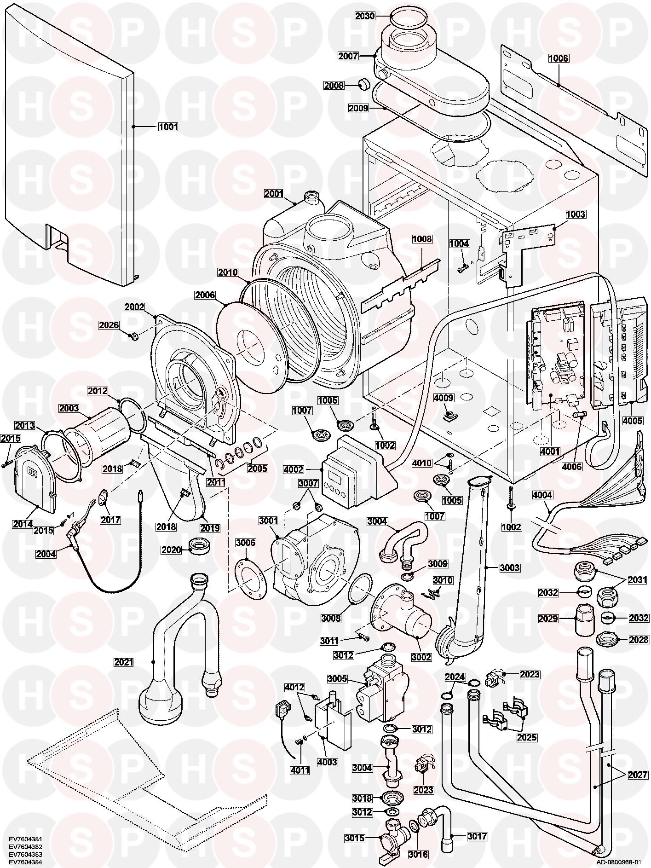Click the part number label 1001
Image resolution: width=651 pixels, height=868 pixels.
point(168,127)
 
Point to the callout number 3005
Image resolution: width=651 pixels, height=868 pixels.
point(338,679)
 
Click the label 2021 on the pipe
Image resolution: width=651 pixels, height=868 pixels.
point(124,662)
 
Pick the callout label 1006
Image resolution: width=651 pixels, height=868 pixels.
point(558,58)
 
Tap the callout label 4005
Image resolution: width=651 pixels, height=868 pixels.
point(632,421)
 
